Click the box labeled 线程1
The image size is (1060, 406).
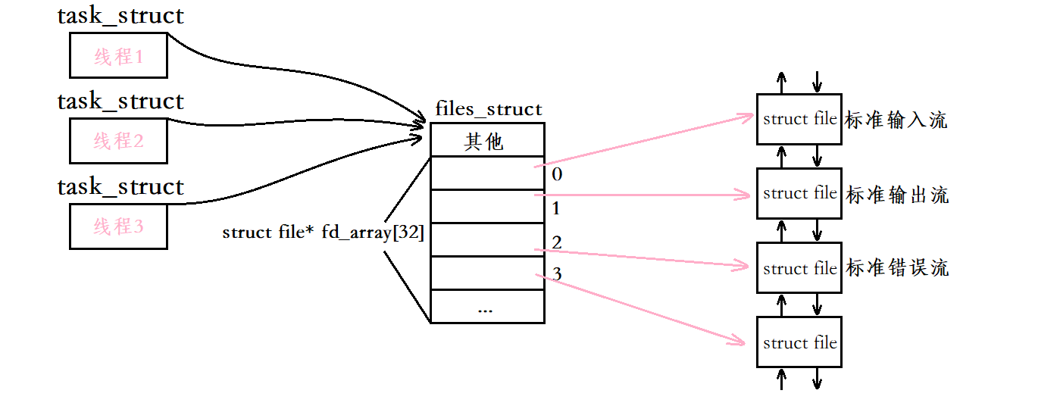click(118, 55)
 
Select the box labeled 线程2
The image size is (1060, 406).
click(118, 140)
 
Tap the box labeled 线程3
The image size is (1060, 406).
click(118, 226)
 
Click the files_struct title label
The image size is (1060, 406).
click(489, 109)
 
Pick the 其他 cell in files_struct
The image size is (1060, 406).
click(486, 141)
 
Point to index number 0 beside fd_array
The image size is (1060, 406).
click(557, 174)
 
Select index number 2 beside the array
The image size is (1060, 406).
click(557, 242)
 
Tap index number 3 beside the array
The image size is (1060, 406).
click(557, 274)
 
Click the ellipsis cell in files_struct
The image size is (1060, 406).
click(486, 308)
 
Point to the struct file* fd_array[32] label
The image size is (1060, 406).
click(323, 233)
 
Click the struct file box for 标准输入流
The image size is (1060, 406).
click(799, 119)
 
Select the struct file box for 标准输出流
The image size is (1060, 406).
click(799, 193)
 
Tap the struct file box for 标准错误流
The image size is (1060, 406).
click(799, 268)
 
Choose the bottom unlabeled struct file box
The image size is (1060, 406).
click(799, 342)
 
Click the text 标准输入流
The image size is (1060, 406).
click(896, 120)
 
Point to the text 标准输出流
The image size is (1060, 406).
click(897, 195)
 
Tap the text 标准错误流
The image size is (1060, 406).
click(897, 268)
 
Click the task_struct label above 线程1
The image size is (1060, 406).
click(120, 16)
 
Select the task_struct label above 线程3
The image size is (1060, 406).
click(120, 186)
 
